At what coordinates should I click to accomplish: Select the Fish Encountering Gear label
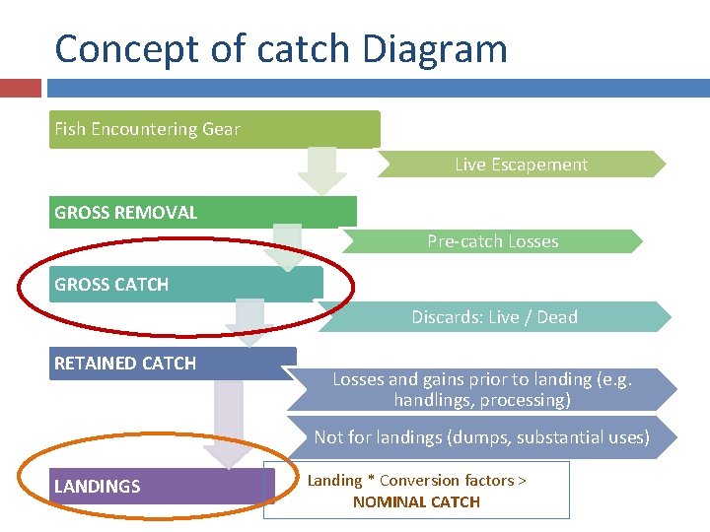pyautogui.click(x=147, y=129)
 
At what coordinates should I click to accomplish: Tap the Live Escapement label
pyautogui.click(x=521, y=165)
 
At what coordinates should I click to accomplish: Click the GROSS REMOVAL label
pyautogui.click(x=126, y=212)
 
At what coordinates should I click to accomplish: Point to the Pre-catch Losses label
pyautogui.click(x=492, y=241)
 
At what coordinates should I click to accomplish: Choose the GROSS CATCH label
pyautogui.click(x=111, y=285)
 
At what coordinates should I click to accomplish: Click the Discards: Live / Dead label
pyautogui.click(x=494, y=317)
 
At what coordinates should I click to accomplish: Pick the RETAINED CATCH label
pyautogui.click(x=125, y=364)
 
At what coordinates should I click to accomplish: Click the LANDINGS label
pyautogui.click(x=98, y=486)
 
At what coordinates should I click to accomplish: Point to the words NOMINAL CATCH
pyautogui.click(x=416, y=501)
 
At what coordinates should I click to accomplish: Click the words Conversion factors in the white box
pyautogui.click(x=442, y=481)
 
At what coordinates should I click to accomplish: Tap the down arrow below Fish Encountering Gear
pyautogui.click(x=321, y=169)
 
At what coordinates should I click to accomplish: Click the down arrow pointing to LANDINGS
pyautogui.click(x=229, y=424)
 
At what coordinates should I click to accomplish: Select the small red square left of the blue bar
pyautogui.click(x=20, y=88)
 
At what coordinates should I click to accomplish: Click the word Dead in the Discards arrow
pyautogui.click(x=557, y=317)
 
